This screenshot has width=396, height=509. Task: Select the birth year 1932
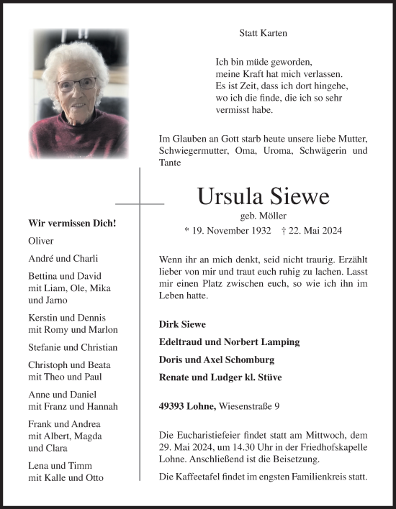coord(258,231)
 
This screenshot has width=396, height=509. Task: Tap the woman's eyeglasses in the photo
coord(77,84)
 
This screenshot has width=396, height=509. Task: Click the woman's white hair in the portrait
coord(78,58)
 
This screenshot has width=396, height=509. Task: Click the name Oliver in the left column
coord(41,241)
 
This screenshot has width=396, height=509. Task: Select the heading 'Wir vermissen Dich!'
coord(72,224)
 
